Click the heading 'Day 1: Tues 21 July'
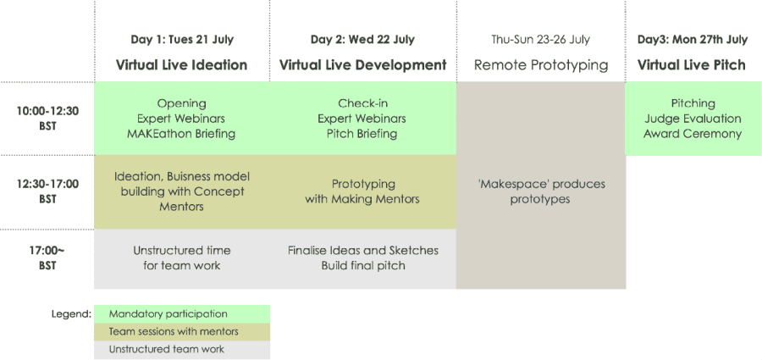point(182,40)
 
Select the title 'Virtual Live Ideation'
point(181,64)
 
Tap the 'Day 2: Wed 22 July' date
point(362,40)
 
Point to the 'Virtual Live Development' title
point(362,64)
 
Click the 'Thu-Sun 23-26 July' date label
point(540,40)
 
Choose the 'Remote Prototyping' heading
point(541,65)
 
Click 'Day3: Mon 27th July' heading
point(693,40)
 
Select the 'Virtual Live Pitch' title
point(691,64)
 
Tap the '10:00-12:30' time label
point(47,111)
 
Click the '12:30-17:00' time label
point(47,184)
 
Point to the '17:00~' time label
point(47,251)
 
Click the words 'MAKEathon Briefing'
point(181,134)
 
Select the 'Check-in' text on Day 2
point(362,103)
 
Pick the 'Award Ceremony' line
point(693,134)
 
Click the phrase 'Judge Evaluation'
point(693,119)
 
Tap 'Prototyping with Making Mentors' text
point(362,191)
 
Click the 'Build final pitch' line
point(363,266)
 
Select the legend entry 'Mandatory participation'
point(168,314)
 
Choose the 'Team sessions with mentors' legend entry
point(174,332)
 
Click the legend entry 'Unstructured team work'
point(167,349)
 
